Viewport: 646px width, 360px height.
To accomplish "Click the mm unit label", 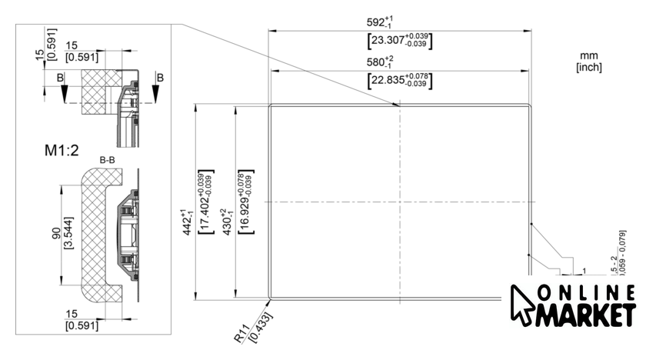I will [x=589, y=56].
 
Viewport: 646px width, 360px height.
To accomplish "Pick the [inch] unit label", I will [x=589, y=68].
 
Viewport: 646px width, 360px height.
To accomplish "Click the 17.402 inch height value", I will [x=205, y=202].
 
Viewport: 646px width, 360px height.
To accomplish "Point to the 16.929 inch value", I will [x=245, y=202].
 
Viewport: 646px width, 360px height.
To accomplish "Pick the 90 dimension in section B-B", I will [x=55, y=232].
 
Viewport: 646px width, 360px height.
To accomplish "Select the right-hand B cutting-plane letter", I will [x=160, y=78].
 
